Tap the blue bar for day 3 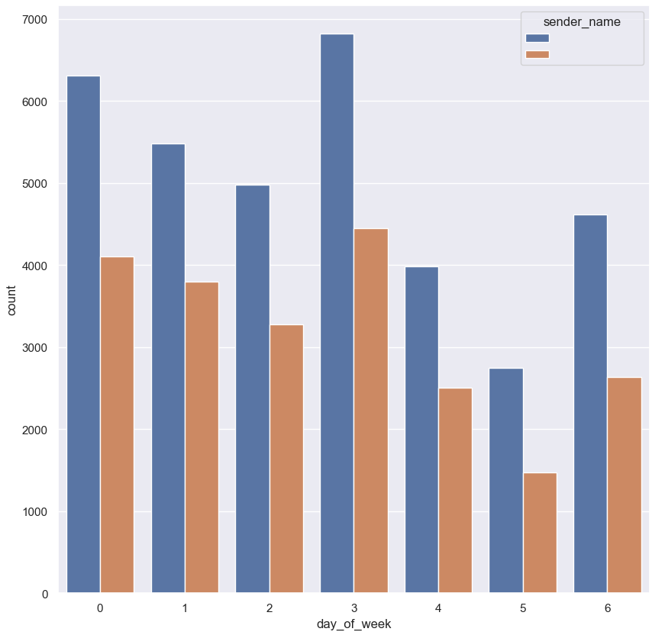[x=337, y=313]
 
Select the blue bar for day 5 [x=505, y=481]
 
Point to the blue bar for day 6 [x=590, y=404]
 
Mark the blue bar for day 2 [x=253, y=389]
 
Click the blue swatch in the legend [x=537, y=38]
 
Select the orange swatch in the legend [x=537, y=54]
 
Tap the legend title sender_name [x=582, y=22]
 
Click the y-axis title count [x=13, y=304]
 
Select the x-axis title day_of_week [x=353, y=624]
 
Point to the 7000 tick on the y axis [x=34, y=19]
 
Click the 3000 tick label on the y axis [x=34, y=348]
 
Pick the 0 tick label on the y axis [x=45, y=594]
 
